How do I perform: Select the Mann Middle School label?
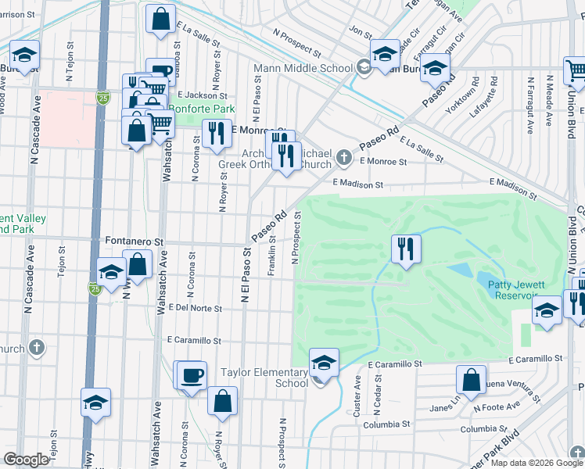(303, 68)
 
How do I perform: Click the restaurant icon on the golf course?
(406, 250)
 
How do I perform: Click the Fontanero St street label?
(138, 241)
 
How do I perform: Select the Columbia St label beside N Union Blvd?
(490, 429)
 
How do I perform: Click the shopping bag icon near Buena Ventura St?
(472, 381)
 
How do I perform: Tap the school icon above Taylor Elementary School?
(324, 363)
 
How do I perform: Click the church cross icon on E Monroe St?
(343, 159)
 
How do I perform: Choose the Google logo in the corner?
(26, 459)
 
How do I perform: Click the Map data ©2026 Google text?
(537, 463)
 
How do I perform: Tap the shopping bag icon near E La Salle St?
(160, 21)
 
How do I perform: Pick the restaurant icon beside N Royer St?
(215, 134)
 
